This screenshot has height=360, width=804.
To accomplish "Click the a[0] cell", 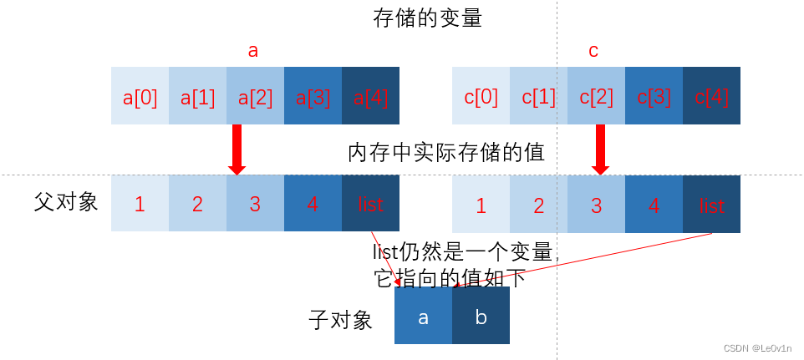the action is pyautogui.click(x=140, y=97).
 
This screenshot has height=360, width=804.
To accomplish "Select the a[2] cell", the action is pyautogui.click(x=255, y=97).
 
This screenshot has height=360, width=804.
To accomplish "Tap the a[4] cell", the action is pyautogui.click(x=370, y=97).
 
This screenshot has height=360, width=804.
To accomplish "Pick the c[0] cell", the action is pyautogui.click(x=481, y=97).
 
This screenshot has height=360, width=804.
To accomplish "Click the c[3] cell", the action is pyautogui.click(x=654, y=97).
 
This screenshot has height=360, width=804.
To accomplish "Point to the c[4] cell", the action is pyautogui.click(x=711, y=97).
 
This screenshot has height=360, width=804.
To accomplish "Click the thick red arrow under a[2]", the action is pyautogui.click(x=237, y=150).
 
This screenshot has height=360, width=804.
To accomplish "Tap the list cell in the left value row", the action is pyautogui.click(x=370, y=204).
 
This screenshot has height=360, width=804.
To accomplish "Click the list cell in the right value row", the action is pyautogui.click(x=711, y=204).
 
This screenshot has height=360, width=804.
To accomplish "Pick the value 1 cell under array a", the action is pyautogui.click(x=140, y=204).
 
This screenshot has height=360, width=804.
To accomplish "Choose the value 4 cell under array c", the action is pyautogui.click(x=654, y=204).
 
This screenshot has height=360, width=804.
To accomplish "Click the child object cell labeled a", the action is pyautogui.click(x=423, y=317).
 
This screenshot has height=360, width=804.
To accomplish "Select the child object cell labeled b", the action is pyautogui.click(x=481, y=317).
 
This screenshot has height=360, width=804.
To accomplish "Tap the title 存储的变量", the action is pyautogui.click(x=427, y=18).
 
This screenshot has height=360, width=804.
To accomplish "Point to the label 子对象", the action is pyautogui.click(x=340, y=319).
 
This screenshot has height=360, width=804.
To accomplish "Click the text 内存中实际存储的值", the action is pyautogui.click(x=446, y=153).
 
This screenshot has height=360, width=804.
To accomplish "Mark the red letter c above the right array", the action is pyautogui.click(x=593, y=51).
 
